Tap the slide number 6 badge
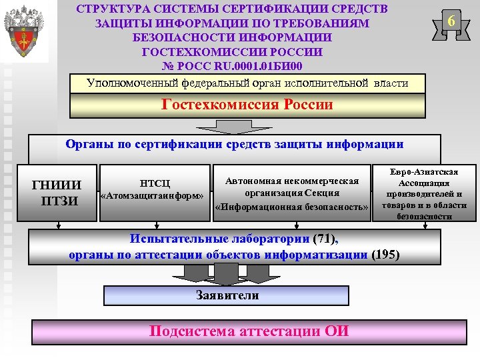pos(451,22)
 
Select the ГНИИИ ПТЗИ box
pos(57,192)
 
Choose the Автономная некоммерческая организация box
pos(292,194)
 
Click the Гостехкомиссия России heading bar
pos(247,105)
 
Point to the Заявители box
pos(227,295)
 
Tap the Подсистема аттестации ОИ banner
pos(249,331)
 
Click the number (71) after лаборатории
pos(325,239)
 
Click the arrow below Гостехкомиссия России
pos(233,127)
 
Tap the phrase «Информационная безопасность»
pos(292,207)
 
